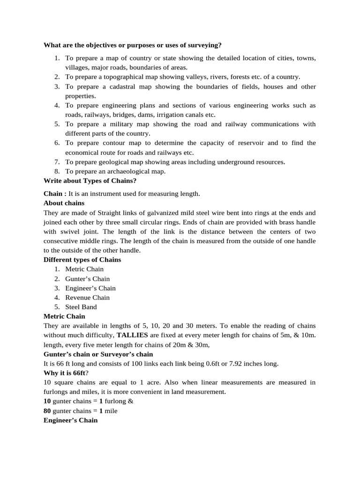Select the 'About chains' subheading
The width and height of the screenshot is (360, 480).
click(64, 203)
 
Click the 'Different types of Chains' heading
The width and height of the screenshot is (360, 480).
click(82, 260)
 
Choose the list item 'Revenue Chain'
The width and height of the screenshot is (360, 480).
click(87, 297)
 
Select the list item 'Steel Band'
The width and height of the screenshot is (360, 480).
click(81, 307)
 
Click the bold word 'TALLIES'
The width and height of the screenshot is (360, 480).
click(132, 335)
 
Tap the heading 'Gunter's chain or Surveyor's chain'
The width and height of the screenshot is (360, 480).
click(98, 354)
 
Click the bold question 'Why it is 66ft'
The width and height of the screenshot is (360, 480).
click(65, 373)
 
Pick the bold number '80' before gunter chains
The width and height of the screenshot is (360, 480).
click(47, 411)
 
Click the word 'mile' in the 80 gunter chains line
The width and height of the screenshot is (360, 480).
click(111, 411)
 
